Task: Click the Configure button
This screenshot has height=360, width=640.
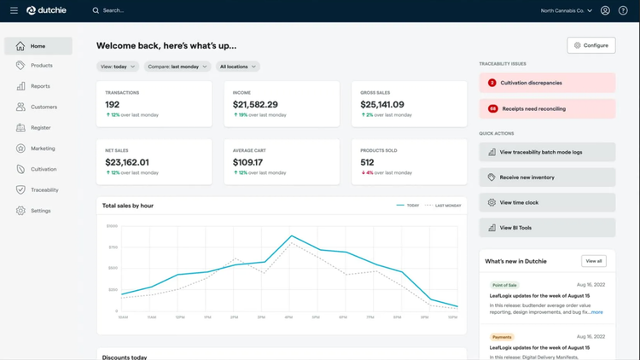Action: coord(591,45)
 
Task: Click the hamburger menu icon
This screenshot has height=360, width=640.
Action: coord(14,10)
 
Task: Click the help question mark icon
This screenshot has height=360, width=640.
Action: coord(623,10)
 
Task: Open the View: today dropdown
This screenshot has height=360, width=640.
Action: coord(117,67)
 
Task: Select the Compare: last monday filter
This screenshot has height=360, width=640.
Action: coord(176,67)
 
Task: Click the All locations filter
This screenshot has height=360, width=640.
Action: coord(237,67)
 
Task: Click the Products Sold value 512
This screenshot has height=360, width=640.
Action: coord(368,162)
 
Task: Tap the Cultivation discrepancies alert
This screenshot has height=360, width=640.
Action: coord(547,83)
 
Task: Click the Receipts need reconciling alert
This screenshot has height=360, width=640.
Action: coord(547,109)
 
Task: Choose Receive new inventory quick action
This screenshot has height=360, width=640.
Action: coord(547,177)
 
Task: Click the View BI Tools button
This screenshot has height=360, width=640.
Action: coord(547,228)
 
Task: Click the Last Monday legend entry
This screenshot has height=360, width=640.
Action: coord(445,206)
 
